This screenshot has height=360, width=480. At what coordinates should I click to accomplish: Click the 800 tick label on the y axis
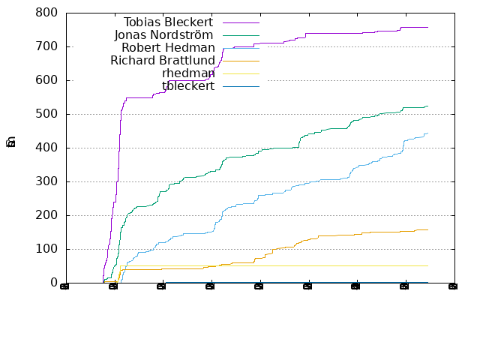(x=46, y=13)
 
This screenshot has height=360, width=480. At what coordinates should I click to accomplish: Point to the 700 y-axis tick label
(x=46, y=46)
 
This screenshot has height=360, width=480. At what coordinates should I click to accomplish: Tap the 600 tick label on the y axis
(x=46, y=80)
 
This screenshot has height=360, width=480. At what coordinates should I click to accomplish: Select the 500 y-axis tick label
(x=46, y=114)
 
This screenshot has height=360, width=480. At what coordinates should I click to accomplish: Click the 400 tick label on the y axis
(x=46, y=148)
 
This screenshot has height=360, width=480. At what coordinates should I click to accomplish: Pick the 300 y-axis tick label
(x=46, y=181)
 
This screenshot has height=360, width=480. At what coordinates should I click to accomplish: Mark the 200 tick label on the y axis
(x=46, y=215)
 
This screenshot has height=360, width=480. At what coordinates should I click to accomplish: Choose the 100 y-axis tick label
(x=46, y=249)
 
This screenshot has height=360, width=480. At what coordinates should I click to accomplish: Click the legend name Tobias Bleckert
(x=169, y=22)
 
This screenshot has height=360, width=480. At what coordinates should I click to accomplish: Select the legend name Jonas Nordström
(x=163, y=34)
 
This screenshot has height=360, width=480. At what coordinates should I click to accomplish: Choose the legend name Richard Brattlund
(x=162, y=60)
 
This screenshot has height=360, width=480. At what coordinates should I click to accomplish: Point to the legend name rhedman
(x=187, y=73)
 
